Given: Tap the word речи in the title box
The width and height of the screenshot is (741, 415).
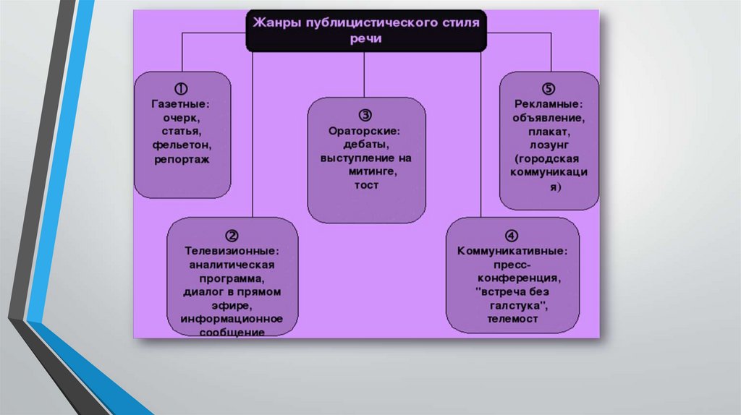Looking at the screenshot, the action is click(366, 39).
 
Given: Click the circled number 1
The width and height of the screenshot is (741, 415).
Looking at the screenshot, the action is click(182, 89).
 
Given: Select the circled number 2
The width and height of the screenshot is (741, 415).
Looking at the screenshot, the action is click(232, 236).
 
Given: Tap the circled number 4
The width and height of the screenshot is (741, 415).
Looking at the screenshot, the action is click(512, 236).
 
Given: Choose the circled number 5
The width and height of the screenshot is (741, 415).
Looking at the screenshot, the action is click(549, 89).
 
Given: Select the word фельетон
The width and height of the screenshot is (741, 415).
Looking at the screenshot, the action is click(182, 145).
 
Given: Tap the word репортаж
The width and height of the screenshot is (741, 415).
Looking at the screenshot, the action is click(182, 158).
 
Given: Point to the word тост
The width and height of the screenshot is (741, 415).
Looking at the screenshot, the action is click(366, 185).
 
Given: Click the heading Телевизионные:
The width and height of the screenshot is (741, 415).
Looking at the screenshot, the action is click(232, 250).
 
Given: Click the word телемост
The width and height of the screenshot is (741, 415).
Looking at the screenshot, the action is click(512, 318).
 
